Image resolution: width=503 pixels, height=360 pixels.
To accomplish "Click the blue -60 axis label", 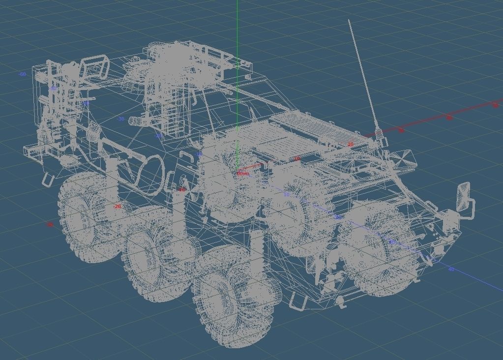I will (x=22, y=74).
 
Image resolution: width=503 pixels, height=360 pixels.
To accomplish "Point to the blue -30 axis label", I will (x=121, y=119).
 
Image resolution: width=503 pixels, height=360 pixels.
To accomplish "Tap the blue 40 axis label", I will (x=451, y=269).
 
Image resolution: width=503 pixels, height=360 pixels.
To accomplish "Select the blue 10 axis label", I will (x=287, y=195).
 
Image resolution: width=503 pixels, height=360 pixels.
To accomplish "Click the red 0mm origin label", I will (x=243, y=174).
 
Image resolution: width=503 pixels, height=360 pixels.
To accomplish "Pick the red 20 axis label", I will (x=350, y=145).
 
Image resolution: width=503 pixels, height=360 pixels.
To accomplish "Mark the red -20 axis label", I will (x=117, y=207).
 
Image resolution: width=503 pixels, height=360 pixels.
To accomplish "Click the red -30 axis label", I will (x=49, y=225).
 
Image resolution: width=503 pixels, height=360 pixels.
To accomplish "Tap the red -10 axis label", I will (x=181, y=189).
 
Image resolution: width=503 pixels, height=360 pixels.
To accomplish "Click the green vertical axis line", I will (x=237, y=30).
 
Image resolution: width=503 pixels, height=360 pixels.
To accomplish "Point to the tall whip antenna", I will (x=362, y=74).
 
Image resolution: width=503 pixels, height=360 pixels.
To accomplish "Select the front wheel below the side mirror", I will (x=381, y=248).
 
